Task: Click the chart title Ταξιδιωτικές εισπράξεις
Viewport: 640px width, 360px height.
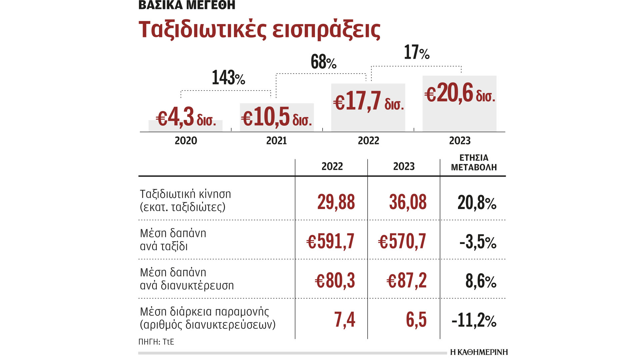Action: click(259, 29)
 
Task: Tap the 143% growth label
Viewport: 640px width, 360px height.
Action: click(228, 78)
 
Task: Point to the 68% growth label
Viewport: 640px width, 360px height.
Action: click(323, 62)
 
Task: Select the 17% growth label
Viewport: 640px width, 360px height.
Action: click(416, 52)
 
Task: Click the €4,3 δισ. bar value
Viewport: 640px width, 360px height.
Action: click(186, 118)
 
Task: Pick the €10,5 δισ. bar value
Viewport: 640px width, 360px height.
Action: click(277, 118)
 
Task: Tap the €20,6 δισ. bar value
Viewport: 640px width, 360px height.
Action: click(460, 93)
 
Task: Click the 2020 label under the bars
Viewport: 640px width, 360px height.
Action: click(186, 141)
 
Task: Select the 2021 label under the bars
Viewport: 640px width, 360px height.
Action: click(276, 141)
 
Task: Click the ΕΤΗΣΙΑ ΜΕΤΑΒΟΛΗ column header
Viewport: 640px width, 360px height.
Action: click(474, 162)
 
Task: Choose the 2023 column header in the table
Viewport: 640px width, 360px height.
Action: click(404, 166)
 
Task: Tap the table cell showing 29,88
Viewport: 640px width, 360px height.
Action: click(336, 202)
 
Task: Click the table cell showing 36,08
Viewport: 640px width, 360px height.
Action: click(408, 202)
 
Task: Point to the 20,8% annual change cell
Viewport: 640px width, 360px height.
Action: click(477, 203)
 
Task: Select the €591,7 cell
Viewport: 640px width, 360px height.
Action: click(330, 241)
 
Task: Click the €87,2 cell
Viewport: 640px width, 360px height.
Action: click(406, 281)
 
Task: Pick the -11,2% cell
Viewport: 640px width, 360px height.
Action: click(474, 320)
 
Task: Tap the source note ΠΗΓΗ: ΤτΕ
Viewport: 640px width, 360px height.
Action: click(156, 342)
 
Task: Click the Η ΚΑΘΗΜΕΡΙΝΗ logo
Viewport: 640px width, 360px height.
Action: click(479, 352)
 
